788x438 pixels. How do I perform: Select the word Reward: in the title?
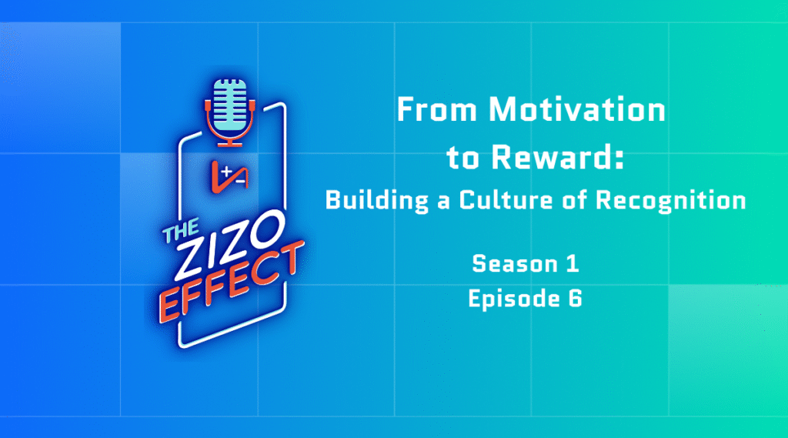557,156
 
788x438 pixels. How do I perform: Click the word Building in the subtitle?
377,200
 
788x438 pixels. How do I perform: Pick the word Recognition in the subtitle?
671,200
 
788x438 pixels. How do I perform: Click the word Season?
508,263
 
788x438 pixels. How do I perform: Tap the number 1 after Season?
573,263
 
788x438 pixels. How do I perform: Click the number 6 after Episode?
576,298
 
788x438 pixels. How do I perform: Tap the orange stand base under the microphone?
229,143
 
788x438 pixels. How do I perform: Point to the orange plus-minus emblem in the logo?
229,177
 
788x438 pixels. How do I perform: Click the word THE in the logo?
181,231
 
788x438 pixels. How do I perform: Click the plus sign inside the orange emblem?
227,172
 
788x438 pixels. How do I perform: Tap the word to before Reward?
462,157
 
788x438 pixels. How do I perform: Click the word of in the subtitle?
574,199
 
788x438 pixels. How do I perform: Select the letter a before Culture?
442,202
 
